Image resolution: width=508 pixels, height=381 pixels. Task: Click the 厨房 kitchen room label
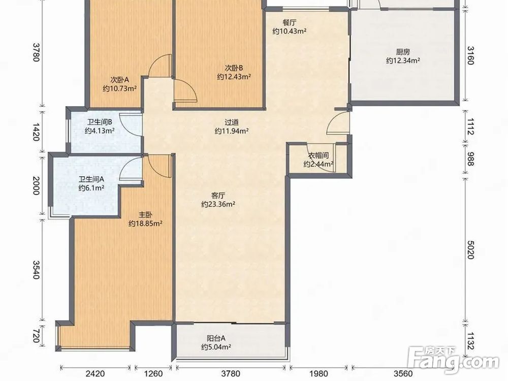point(403,52)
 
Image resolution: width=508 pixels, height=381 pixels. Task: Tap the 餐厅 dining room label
point(290,23)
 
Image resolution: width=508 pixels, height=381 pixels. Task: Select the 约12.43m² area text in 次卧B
point(234,77)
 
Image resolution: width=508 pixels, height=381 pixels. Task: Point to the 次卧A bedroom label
point(120,80)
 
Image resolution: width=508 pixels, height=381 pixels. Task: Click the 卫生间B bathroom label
point(100,122)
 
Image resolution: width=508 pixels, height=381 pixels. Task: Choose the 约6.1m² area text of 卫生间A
point(91,188)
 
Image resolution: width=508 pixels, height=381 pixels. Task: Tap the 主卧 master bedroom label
point(145,215)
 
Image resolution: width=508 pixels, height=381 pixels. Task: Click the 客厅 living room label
point(218,196)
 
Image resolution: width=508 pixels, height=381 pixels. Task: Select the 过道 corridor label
point(232,122)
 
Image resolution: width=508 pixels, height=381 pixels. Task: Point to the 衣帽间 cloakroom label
point(318,156)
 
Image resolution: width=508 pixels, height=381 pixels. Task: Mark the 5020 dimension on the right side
point(471,249)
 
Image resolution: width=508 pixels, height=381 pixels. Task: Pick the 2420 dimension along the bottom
point(96,374)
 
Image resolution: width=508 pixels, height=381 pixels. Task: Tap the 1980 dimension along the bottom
point(319,374)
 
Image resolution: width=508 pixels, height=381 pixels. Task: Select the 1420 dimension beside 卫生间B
point(36,132)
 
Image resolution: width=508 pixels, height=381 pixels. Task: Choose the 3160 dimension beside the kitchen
point(471,55)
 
